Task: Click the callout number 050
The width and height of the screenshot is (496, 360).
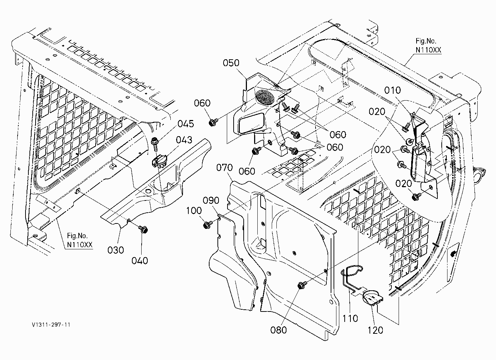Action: pos(231,63)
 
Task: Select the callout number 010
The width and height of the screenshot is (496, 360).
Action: pos(392,90)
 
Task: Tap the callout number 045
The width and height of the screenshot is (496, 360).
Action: pos(185,124)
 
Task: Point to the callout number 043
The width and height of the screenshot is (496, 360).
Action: pos(184,140)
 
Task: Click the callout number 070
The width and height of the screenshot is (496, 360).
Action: pos(224,167)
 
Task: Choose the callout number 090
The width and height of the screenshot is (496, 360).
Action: pos(211,200)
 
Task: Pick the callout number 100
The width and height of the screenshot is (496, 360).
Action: pos(194,210)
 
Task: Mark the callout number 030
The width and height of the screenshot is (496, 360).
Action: pos(115,250)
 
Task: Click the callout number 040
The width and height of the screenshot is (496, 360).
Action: pos(140,261)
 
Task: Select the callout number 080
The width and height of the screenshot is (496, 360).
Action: pos(278,330)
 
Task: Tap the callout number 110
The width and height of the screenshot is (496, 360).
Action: pos(350,319)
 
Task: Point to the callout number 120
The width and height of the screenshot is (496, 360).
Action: pos(375,330)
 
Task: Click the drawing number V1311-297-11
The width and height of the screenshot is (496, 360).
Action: pos(51,325)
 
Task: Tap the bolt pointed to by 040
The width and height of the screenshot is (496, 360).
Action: pos(143,229)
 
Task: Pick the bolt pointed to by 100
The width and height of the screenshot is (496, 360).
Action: pos(208,225)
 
